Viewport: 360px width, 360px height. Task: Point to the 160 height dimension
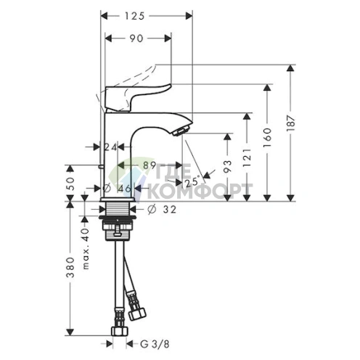267,135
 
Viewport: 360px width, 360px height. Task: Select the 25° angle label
192,182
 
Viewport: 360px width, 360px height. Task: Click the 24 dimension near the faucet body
110,147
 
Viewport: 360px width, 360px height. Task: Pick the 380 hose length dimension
71,268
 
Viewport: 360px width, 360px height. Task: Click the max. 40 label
85,237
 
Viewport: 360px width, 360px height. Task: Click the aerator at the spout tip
181,129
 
